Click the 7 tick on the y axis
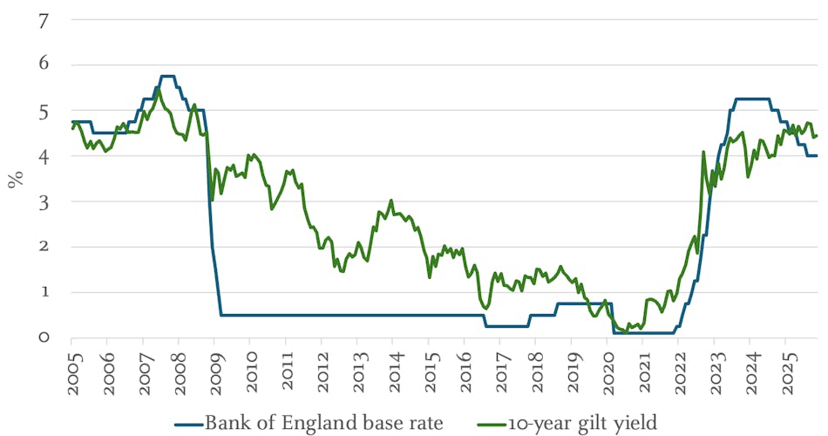tap(43, 20)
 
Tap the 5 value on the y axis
tap(43, 111)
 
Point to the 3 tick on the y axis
tap(43, 201)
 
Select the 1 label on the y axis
tap(43, 292)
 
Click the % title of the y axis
tap(14, 181)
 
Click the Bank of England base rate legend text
tap(324, 424)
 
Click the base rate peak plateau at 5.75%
tap(168, 77)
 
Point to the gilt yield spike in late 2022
tap(703, 153)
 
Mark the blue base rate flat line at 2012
tap(322, 315)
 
